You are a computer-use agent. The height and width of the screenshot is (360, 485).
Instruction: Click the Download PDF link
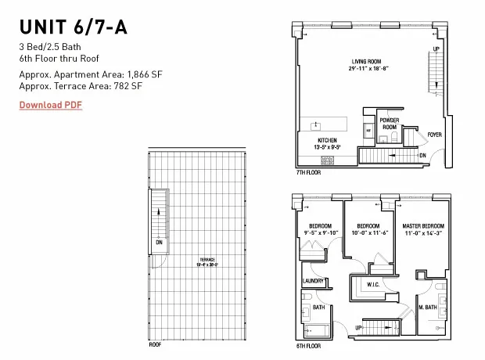[51, 105]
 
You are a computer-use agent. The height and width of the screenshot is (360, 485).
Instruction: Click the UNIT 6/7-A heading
[73, 27]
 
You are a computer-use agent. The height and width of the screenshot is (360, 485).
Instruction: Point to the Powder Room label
[389, 124]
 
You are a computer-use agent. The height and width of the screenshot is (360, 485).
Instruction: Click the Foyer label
[434, 135]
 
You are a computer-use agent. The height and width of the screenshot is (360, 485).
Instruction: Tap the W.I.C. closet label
[373, 286]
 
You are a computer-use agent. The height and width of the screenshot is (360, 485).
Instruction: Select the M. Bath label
[429, 308]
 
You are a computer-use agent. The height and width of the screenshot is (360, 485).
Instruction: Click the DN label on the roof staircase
[159, 243]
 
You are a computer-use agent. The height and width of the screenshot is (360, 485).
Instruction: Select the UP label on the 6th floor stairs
[360, 327]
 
